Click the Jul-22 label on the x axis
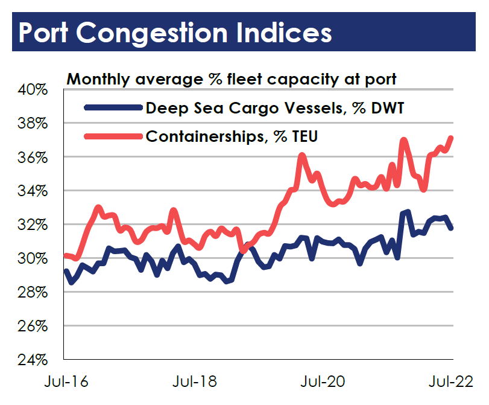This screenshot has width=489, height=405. click(x=450, y=381)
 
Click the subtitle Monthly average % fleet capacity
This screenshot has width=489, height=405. click(x=231, y=78)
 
